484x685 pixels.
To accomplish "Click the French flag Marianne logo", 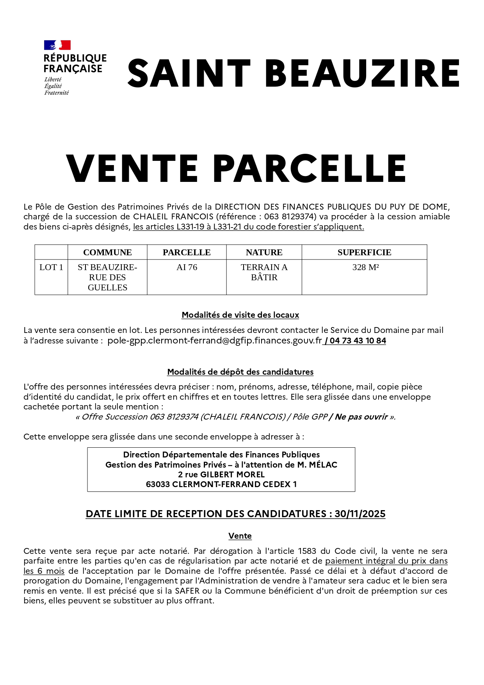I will coord(57,45).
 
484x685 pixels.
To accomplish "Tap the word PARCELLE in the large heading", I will coord(310,169).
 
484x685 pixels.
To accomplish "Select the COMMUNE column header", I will coord(107,253).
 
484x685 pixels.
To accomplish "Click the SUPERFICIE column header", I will coord(364,253).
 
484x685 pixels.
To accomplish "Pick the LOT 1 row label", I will coord(51,267).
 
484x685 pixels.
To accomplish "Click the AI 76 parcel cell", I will coord(187,267).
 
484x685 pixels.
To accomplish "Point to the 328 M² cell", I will coord(365,267).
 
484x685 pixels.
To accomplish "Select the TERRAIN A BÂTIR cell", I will coord(264,272).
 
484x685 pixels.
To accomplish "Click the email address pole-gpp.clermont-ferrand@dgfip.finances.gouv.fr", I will coord(215,341).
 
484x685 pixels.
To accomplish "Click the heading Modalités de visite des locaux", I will coord(240,315).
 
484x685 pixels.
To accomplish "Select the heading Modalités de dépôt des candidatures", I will coord(240,372).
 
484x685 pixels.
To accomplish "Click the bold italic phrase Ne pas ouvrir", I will coord(361,417).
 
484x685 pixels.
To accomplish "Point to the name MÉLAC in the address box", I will coord(323,465).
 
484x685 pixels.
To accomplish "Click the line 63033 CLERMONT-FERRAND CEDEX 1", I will coord(221,484).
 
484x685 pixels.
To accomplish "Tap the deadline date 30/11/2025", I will coord(360,514).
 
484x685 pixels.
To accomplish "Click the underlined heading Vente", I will coord(240,536).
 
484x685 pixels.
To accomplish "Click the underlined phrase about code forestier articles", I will coord(248,227).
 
